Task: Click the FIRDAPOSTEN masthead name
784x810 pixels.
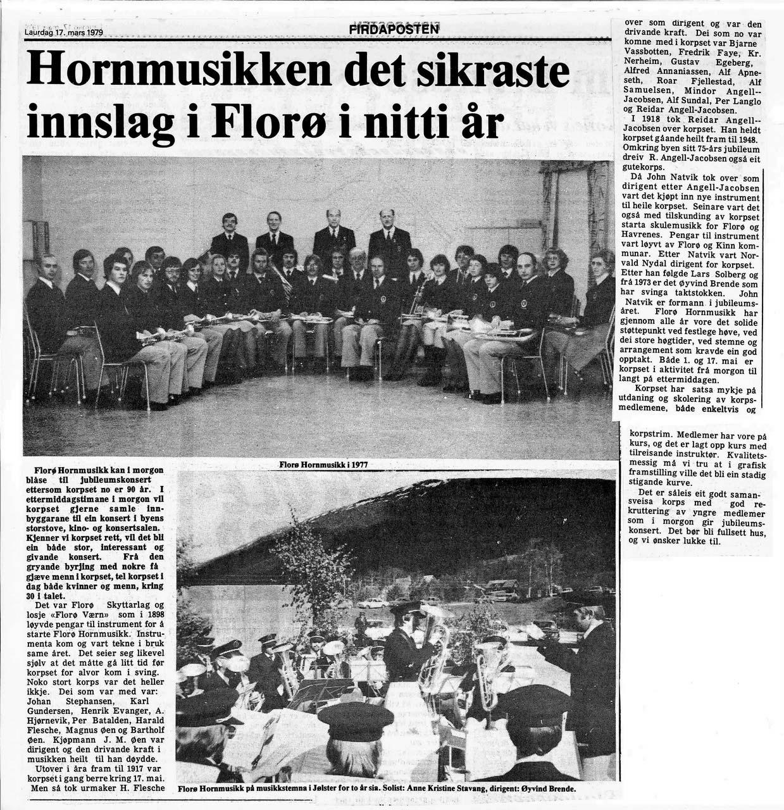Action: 394,29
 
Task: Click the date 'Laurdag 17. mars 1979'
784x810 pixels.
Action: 64,33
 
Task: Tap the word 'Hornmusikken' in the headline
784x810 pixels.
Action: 179,71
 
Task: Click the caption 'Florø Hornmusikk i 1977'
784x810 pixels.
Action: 323,464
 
